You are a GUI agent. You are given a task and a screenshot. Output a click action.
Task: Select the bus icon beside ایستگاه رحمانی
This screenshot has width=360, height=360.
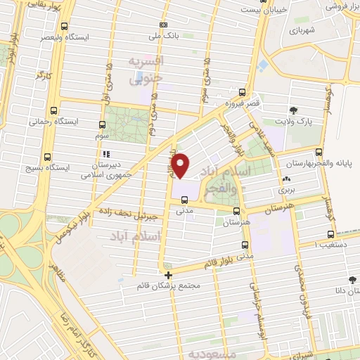[x=53, y=110]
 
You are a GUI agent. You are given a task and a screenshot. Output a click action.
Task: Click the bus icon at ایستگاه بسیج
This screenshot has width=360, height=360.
[x=47, y=157]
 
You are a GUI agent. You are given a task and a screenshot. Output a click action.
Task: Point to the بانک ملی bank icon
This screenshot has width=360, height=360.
[x=163, y=24]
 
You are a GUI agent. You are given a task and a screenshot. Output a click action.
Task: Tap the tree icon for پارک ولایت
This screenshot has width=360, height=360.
[x=294, y=110]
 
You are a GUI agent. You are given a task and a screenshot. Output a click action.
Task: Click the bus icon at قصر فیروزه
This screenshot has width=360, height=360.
[x=243, y=91]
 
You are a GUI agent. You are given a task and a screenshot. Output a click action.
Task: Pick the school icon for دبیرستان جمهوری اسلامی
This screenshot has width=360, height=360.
[x=106, y=153]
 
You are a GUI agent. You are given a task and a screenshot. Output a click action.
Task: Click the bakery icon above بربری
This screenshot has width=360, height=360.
[x=286, y=179]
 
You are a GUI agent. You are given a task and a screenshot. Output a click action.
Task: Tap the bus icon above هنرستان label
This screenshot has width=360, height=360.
[x=236, y=210]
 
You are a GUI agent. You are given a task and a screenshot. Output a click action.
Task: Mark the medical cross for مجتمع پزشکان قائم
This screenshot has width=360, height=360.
[x=167, y=275]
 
